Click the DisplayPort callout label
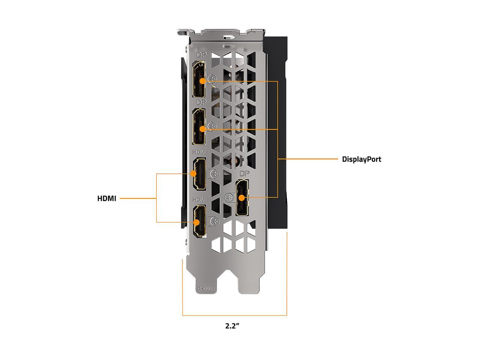(x=361, y=159)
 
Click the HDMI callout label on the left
(x=107, y=198)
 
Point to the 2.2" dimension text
(x=232, y=326)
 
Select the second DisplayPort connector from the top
(x=199, y=127)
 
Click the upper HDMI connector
(x=199, y=174)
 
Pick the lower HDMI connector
(x=200, y=222)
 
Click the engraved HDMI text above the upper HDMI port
(x=199, y=152)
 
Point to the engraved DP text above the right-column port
(x=244, y=173)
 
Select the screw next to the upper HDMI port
(x=215, y=174)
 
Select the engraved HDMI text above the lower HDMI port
(x=199, y=199)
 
